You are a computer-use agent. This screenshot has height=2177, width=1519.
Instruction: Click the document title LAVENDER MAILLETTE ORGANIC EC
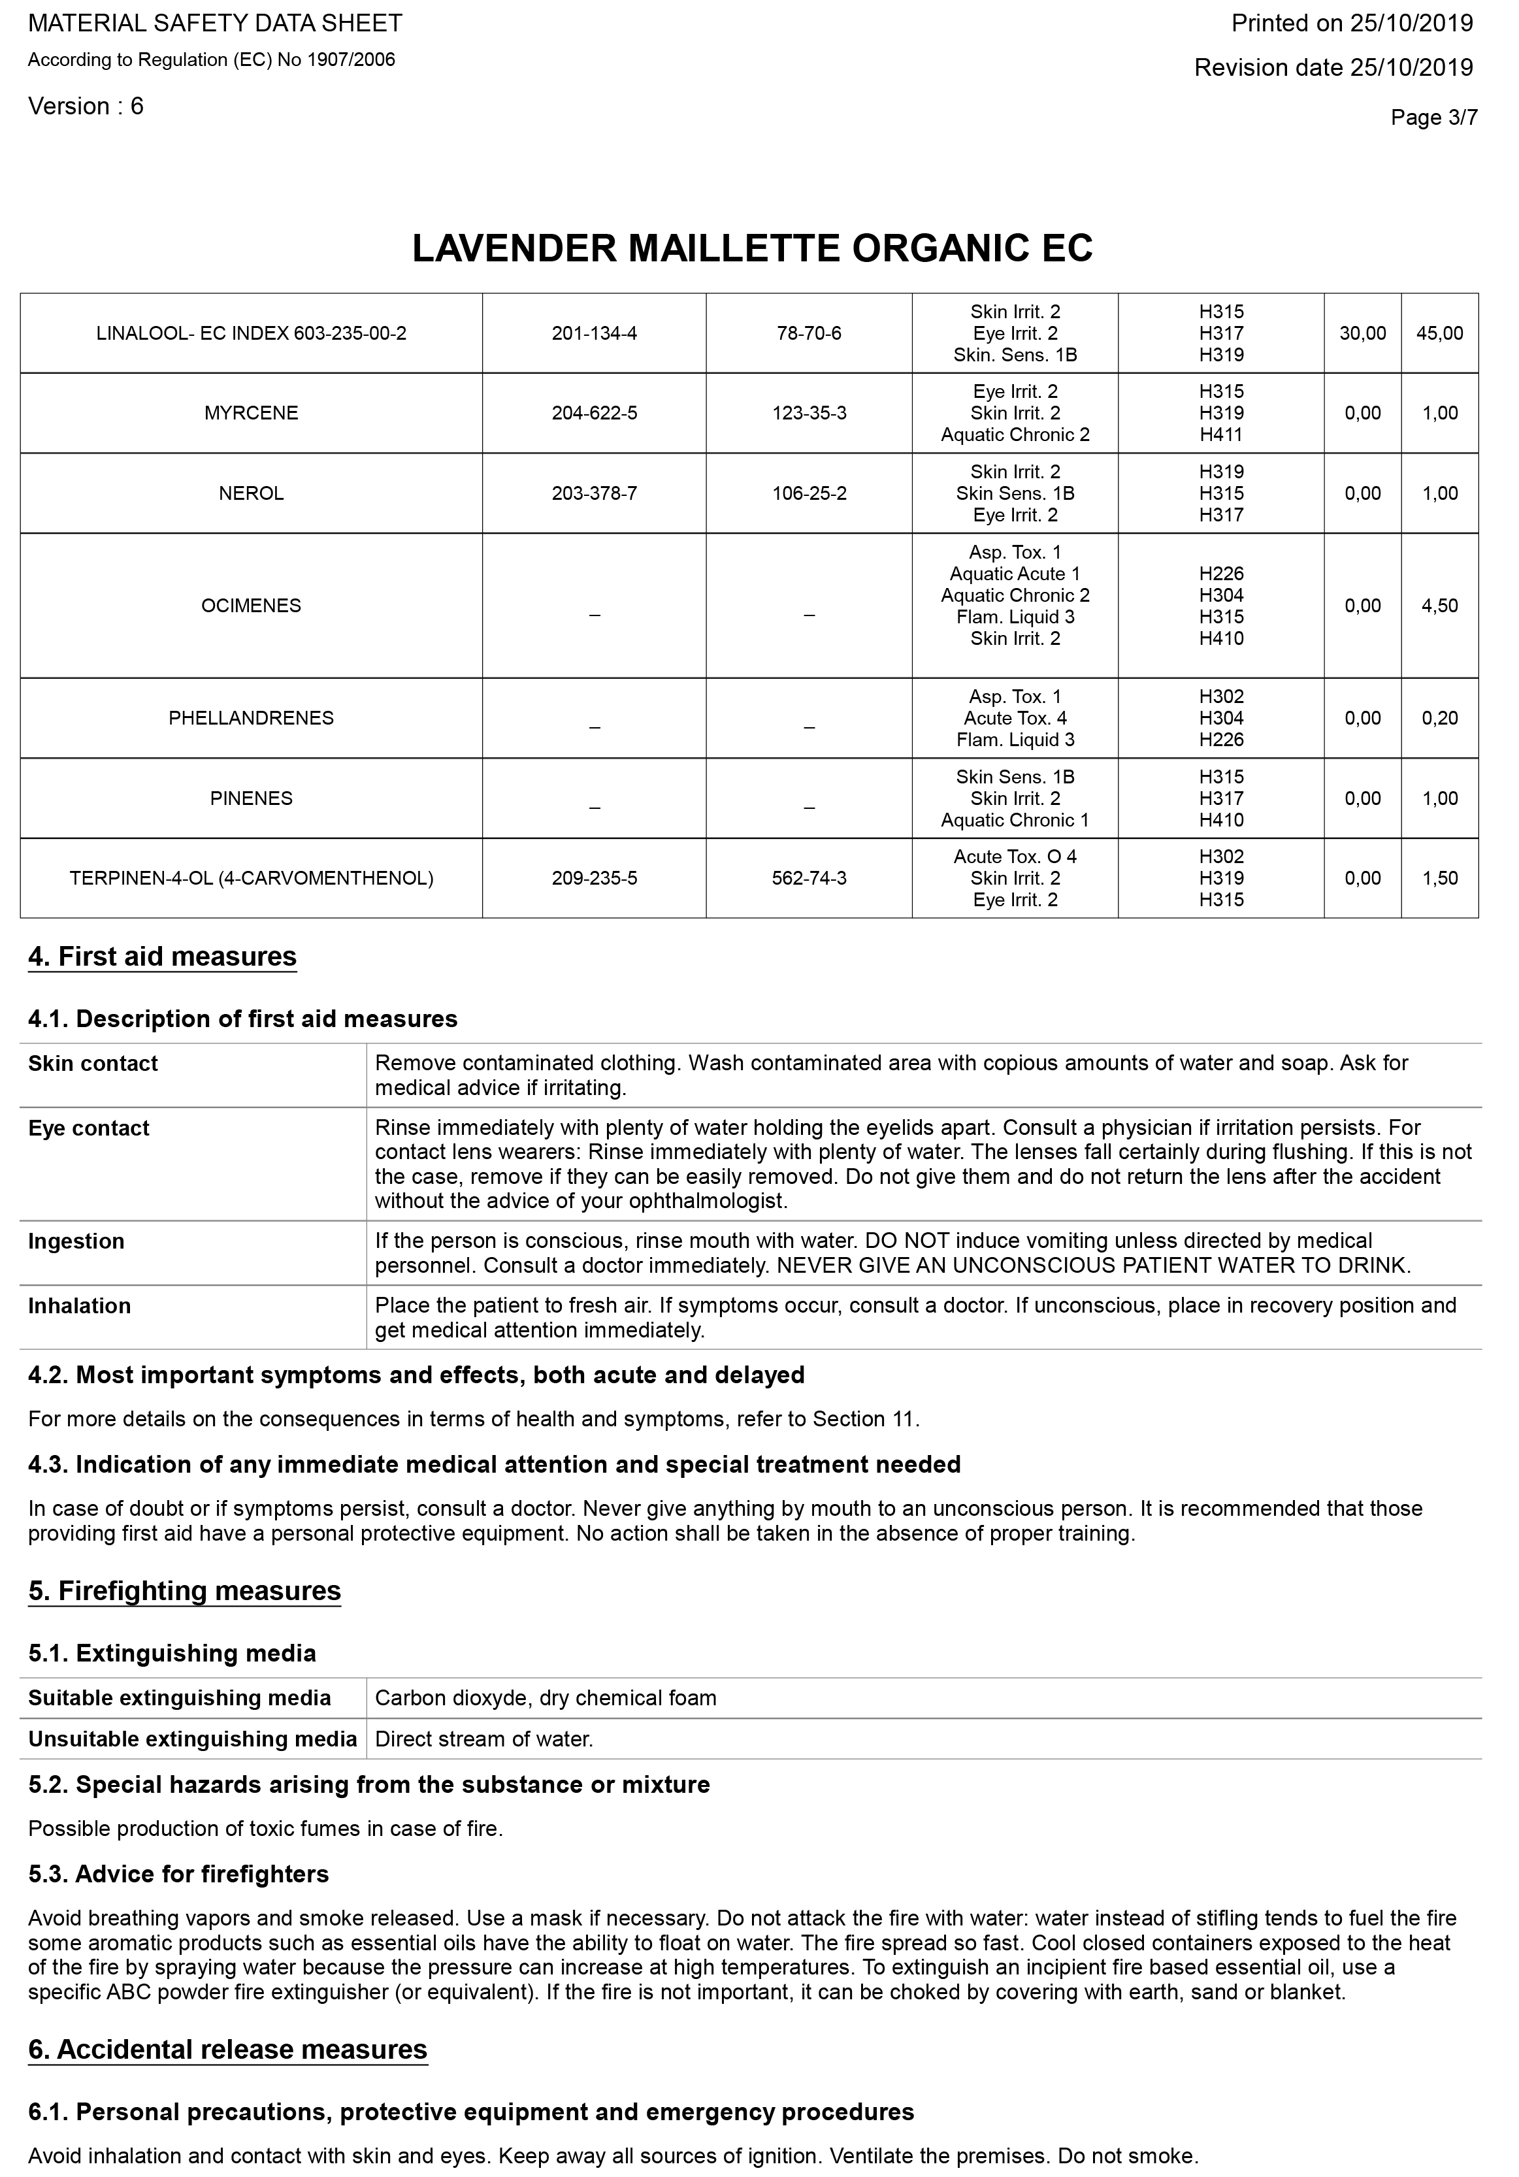coord(752,248)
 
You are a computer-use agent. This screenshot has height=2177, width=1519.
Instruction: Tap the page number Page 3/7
coord(1433,118)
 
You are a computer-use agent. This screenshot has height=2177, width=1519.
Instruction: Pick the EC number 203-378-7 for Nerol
coord(594,494)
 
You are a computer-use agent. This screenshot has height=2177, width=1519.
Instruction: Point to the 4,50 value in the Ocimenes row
coord(1439,606)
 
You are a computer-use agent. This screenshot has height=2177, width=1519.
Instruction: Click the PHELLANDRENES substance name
coord(252,718)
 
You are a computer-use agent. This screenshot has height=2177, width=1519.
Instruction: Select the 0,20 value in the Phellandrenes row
coord(1439,718)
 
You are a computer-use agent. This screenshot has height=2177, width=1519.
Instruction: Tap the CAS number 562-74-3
coord(809,879)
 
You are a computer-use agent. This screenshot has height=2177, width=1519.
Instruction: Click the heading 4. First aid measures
coord(162,957)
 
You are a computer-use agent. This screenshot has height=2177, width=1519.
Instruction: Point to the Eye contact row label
coord(89,1128)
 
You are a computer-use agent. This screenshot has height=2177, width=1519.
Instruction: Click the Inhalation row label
coord(80,1305)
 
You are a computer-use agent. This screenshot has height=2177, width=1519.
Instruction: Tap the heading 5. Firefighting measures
coord(184,1590)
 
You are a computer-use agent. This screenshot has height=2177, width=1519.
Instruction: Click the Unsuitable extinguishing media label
coord(193,1739)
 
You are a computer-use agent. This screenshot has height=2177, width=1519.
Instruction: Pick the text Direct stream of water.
coord(483,1739)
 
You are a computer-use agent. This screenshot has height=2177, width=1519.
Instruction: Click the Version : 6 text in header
coord(86,106)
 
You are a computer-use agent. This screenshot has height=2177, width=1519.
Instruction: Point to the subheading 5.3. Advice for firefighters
coord(178,1874)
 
